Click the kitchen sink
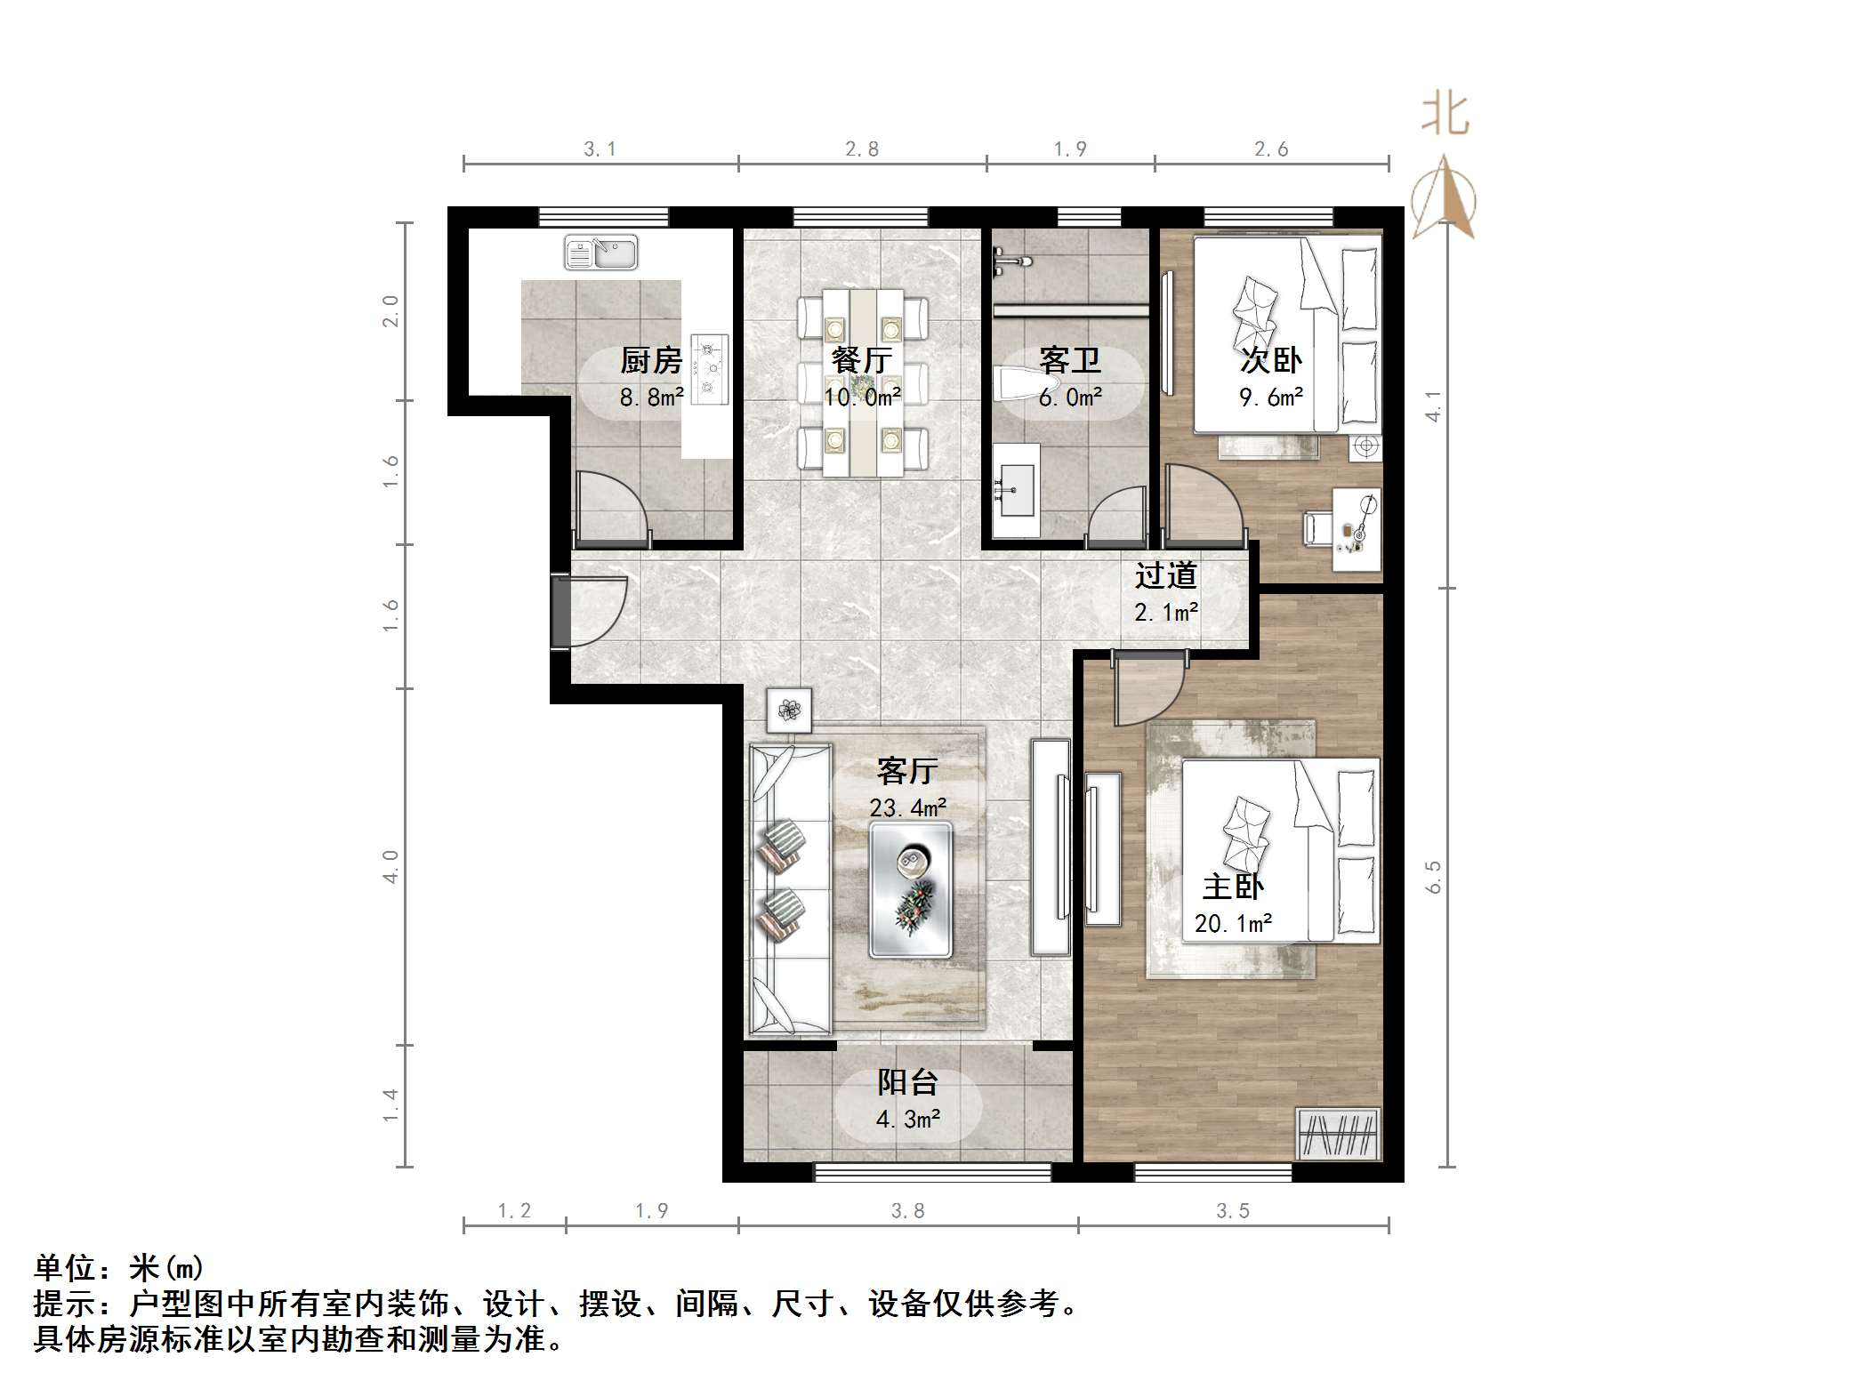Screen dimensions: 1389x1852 click(x=601, y=253)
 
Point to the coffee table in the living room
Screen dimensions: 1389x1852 click(x=910, y=888)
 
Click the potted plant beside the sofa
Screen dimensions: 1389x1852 click(x=789, y=710)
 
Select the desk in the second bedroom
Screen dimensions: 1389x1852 click(x=1356, y=528)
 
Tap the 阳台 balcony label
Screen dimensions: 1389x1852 click(x=907, y=1082)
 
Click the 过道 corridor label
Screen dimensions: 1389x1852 click(x=1165, y=576)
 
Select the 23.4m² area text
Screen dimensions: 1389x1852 click(x=907, y=807)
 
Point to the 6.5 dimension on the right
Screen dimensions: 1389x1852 click(x=1432, y=876)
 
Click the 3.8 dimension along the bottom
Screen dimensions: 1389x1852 click(x=907, y=1210)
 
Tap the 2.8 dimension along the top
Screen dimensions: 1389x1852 click(x=861, y=149)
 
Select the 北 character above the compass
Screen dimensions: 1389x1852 click(x=1445, y=116)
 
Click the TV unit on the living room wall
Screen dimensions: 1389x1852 click(x=1051, y=847)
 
